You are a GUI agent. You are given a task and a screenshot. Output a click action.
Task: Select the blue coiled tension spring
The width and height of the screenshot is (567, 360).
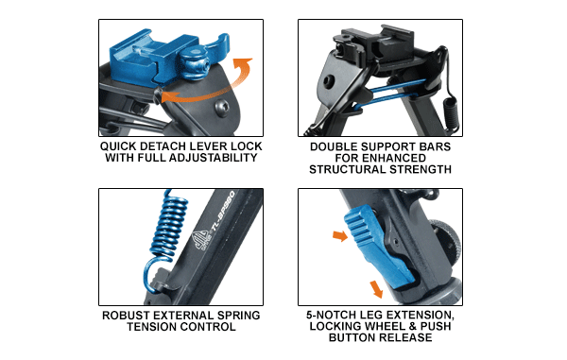coord(166,238)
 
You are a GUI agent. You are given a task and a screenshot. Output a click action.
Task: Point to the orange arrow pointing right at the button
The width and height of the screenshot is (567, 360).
coord(340,236)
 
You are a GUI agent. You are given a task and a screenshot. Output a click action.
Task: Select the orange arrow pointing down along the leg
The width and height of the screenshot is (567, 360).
coord(376,289)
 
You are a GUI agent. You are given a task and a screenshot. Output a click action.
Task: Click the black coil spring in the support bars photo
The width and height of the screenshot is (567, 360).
coord(451,111)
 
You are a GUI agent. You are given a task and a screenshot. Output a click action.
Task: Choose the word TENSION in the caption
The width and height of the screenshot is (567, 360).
coord(152,327)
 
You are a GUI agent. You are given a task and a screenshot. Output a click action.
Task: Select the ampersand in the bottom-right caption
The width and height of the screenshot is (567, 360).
coord(413,326)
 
